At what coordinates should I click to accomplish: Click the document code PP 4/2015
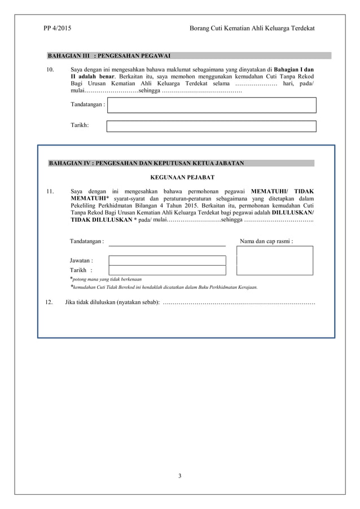(57, 28)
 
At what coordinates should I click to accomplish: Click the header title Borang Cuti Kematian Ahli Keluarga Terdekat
(252, 28)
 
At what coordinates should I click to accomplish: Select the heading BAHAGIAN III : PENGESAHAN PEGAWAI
(109, 56)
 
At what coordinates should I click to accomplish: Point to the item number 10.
(49, 69)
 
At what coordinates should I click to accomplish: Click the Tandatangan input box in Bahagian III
(211, 105)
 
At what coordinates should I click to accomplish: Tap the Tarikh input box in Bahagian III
(211, 126)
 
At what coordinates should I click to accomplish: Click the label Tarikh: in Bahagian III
(80, 126)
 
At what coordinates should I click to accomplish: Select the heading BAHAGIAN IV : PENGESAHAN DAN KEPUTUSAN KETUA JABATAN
(147, 163)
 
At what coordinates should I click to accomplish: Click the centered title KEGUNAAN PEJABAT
(182, 177)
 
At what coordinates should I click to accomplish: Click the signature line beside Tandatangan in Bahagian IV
(167, 245)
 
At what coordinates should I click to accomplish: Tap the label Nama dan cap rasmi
(266, 242)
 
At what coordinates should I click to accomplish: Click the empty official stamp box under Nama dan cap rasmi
(275, 261)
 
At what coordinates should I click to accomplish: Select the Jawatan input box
(167, 261)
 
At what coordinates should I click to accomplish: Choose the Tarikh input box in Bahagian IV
(167, 270)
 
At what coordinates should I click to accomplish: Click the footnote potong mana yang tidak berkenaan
(106, 279)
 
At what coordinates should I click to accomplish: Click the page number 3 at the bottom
(179, 476)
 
